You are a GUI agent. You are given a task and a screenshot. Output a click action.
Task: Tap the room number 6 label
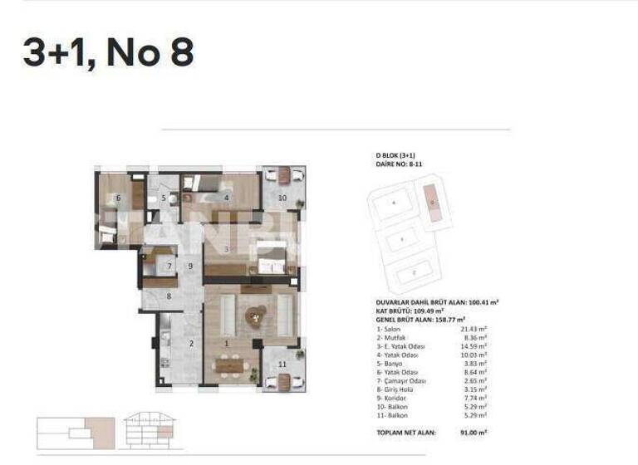[119, 198]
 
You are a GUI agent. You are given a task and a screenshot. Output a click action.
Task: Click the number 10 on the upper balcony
[282, 198]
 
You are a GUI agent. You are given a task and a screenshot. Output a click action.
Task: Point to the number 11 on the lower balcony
[282, 364]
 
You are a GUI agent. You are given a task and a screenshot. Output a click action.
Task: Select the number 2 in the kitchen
[190, 343]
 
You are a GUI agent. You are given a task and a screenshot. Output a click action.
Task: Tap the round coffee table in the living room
[255, 313]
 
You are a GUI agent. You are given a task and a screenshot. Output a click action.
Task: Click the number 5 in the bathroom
[164, 198]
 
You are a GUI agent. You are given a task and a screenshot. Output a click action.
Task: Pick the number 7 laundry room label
[169, 267]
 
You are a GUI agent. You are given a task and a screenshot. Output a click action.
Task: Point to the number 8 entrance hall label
[169, 296]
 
